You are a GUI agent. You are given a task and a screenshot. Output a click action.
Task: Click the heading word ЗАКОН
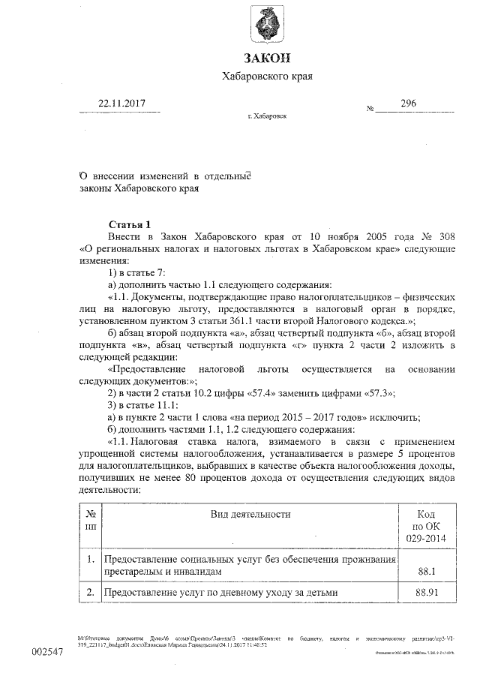coord(268,59)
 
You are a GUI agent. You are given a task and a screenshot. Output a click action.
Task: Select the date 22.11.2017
coord(121,104)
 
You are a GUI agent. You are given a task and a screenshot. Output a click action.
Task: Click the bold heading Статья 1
coord(130,224)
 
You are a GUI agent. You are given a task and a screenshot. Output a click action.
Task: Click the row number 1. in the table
coord(90,560)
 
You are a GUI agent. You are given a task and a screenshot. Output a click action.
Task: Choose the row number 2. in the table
coord(90,593)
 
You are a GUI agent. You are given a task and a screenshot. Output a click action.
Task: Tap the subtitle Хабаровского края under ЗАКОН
coord(268,77)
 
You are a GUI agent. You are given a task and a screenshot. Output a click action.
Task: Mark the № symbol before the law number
coord(370,110)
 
